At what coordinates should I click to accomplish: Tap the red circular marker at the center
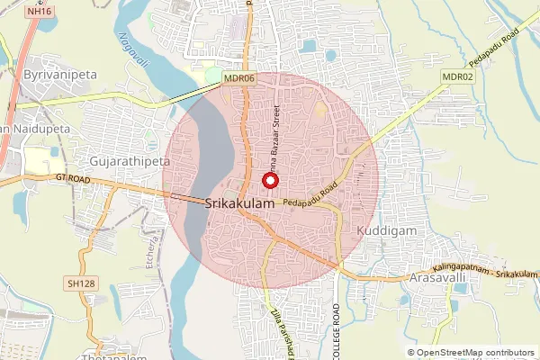pos(268,180)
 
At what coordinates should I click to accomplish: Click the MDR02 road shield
pos(457,77)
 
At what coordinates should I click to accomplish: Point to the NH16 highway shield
pos(37,11)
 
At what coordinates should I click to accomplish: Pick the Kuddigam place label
pos(383,230)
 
